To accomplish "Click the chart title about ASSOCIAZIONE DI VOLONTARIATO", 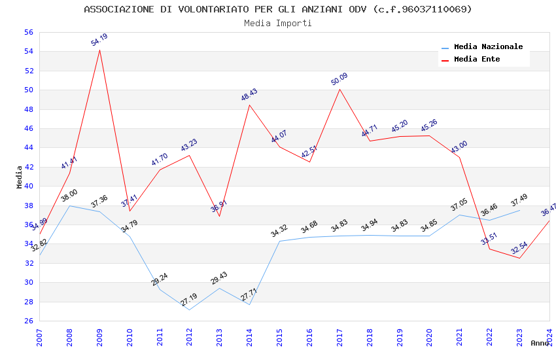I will (x=278, y=9).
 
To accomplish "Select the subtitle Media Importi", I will (x=278, y=23).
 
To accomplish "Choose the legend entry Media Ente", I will (x=477, y=59).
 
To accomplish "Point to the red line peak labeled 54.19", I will (x=99, y=50).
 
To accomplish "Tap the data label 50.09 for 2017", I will (x=339, y=79).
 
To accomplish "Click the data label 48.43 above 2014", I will (x=249, y=95).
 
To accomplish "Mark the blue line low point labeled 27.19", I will (x=189, y=309).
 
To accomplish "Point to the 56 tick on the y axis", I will (x=28, y=32).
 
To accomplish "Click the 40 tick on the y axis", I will (x=28, y=186).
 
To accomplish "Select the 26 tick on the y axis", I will (x=28, y=321).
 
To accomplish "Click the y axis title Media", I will (x=20, y=176).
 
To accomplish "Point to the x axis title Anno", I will (x=540, y=343).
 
